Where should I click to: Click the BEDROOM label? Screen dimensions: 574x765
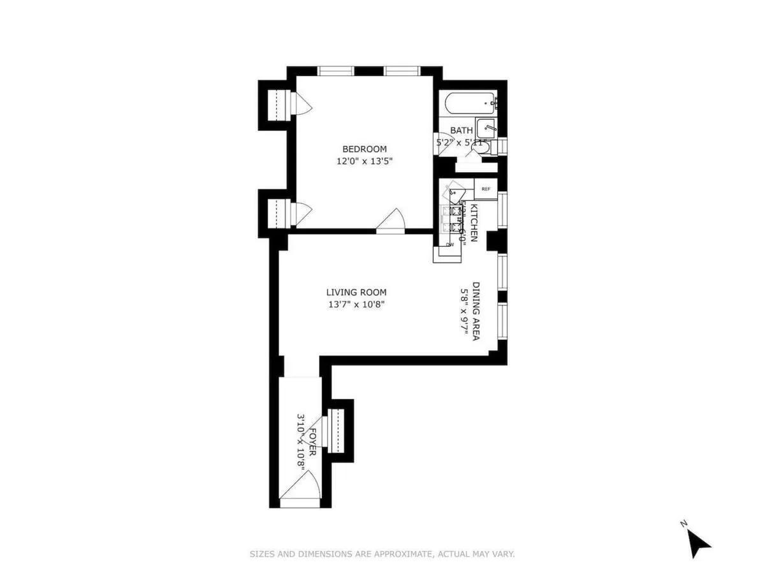[x=361, y=149]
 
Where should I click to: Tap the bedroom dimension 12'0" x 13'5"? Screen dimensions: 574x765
[x=361, y=161]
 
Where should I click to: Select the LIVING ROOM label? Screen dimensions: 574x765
[x=356, y=293]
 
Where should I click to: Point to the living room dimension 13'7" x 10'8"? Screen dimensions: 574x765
[x=356, y=304]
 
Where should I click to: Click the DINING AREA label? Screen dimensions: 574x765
[x=476, y=311]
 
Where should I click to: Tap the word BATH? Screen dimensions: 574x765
[x=462, y=131]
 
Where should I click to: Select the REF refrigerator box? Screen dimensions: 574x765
[x=486, y=189]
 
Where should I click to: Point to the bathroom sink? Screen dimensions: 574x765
[x=486, y=128]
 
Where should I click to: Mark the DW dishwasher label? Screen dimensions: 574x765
[x=450, y=244]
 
